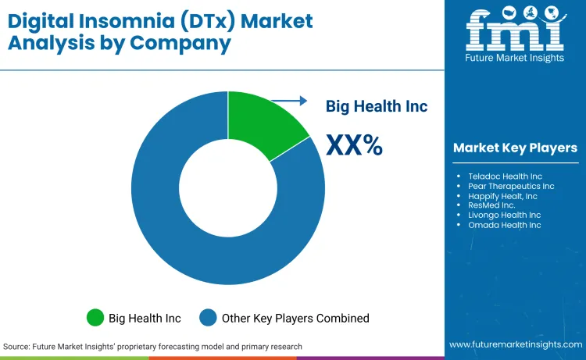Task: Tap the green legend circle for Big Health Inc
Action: point(95,318)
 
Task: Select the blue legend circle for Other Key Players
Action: point(209,318)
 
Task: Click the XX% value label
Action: point(354,144)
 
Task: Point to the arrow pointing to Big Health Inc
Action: point(293,100)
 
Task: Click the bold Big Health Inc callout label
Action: point(377,106)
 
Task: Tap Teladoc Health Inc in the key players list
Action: point(505,176)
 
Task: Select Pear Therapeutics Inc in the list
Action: point(511,186)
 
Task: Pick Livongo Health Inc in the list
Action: point(504,215)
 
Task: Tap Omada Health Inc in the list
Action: point(504,225)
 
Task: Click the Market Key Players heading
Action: point(515,148)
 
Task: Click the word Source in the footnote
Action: point(17,346)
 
